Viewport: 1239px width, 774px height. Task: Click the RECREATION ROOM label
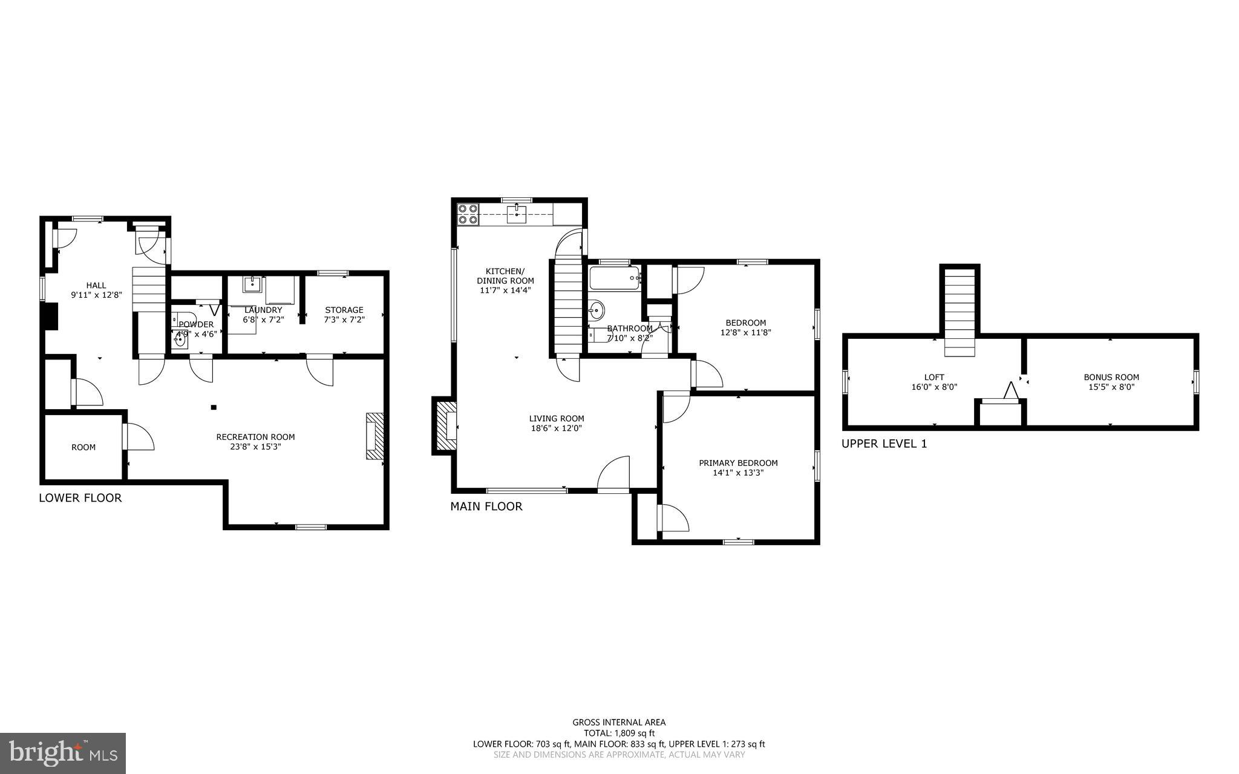coord(255,437)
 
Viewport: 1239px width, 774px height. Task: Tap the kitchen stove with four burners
coord(468,214)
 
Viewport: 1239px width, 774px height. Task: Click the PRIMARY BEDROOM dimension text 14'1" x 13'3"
coord(738,473)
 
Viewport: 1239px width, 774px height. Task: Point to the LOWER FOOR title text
coord(80,498)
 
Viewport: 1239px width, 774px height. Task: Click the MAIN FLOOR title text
coord(486,507)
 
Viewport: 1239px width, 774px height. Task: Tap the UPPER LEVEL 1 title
coord(884,444)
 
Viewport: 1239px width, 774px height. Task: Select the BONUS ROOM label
coord(1111,377)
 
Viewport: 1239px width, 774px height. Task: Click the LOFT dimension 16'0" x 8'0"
coord(934,387)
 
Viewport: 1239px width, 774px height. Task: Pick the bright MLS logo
coord(63,753)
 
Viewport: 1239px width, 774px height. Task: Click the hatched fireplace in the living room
coord(445,425)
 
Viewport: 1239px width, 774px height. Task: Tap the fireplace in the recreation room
coord(375,436)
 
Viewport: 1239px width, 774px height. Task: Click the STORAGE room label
coord(344,310)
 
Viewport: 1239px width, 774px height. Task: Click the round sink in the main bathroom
coord(597,310)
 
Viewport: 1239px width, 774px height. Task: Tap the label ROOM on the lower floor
coord(83,447)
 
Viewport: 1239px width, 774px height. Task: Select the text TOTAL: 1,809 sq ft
coord(619,733)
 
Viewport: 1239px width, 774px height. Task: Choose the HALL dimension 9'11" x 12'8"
coord(96,295)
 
